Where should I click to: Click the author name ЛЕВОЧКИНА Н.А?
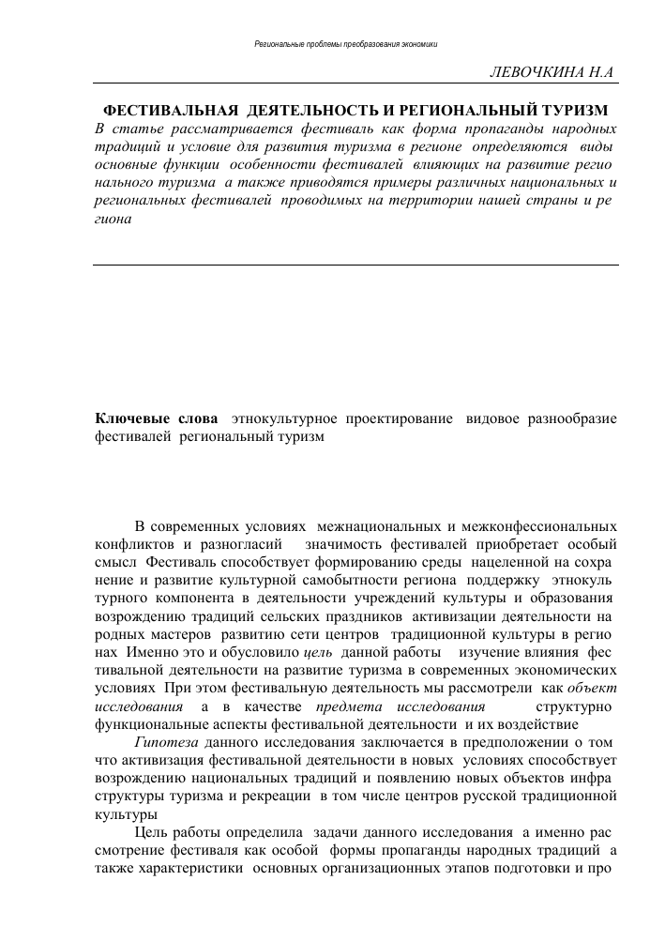coord(558,74)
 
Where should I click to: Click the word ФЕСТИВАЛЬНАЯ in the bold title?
coord(163,109)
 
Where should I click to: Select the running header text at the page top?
coord(347,44)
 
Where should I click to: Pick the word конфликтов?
coord(132,545)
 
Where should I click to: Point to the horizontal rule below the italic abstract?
coord(356,265)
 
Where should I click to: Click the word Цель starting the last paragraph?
coord(153,831)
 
